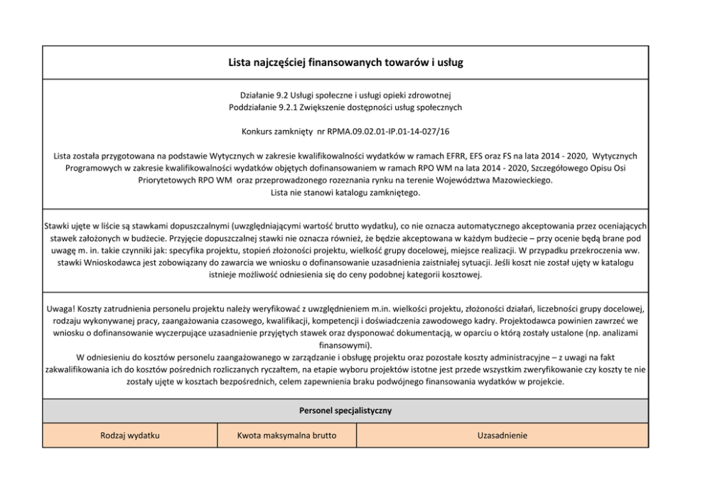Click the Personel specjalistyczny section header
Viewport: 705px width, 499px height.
click(x=345, y=410)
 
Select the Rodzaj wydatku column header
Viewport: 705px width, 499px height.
click(x=129, y=434)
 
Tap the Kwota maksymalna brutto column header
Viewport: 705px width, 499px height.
click(x=286, y=434)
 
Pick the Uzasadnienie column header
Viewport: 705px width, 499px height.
click(x=502, y=434)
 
